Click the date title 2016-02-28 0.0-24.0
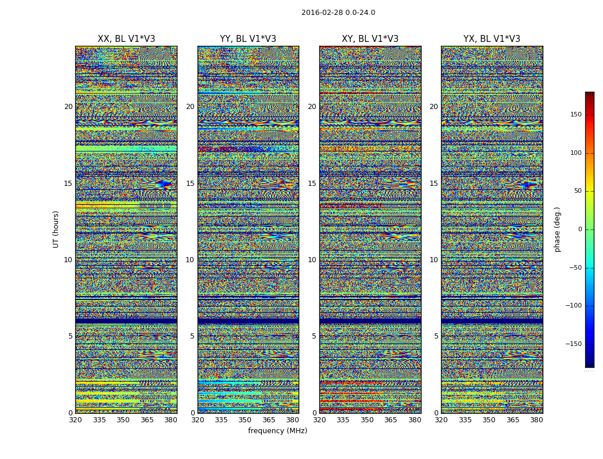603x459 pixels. pyautogui.click(x=338, y=13)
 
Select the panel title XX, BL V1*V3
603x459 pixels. pyautogui.click(x=126, y=39)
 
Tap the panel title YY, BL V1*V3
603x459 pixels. pyautogui.click(x=248, y=39)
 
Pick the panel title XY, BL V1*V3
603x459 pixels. pyautogui.click(x=370, y=39)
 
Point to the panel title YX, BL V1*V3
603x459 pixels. pyautogui.click(x=492, y=39)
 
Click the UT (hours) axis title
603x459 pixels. pyautogui.click(x=56, y=229)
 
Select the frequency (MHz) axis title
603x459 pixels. pyautogui.click(x=277, y=431)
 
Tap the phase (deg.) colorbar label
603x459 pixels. pyautogui.click(x=558, y=229)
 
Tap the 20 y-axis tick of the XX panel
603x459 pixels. pyautogui.click(x=68, y=107)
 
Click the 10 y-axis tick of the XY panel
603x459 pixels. pyautogui.click(x=312, y=260)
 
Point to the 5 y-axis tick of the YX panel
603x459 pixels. pyautogui.click(x=436, y=336)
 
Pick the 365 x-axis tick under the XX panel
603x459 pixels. pyautogui.click(x=147, y=420)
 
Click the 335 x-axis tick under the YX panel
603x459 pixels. pyautogui.click(x=465, y=420)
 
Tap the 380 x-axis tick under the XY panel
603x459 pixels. pyautogui.click(x=415, y=420)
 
